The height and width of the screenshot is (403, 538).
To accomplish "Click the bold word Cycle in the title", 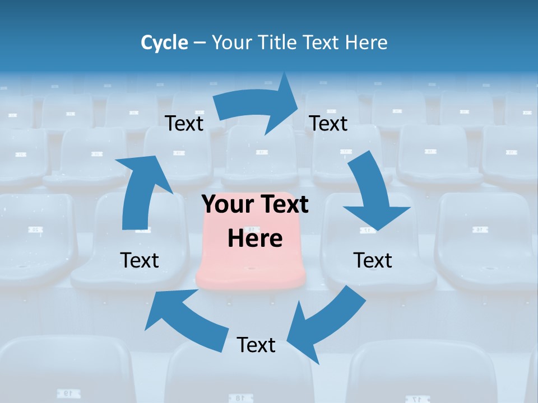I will (164, 43).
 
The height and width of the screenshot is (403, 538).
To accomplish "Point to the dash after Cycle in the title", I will (200, 43).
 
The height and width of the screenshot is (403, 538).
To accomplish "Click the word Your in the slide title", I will (232, 43).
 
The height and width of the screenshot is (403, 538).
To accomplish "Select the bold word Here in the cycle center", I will (255, 238).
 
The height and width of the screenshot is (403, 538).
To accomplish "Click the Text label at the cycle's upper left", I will (184, 123).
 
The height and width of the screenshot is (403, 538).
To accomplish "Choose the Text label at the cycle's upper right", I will (328, 123).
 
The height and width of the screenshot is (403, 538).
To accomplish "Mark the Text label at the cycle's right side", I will (373, 260).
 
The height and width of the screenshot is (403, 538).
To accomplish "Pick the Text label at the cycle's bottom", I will (256, 345).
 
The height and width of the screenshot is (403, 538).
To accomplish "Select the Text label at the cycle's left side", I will (140, 260).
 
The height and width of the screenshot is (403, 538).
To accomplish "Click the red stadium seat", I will (252, 263).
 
